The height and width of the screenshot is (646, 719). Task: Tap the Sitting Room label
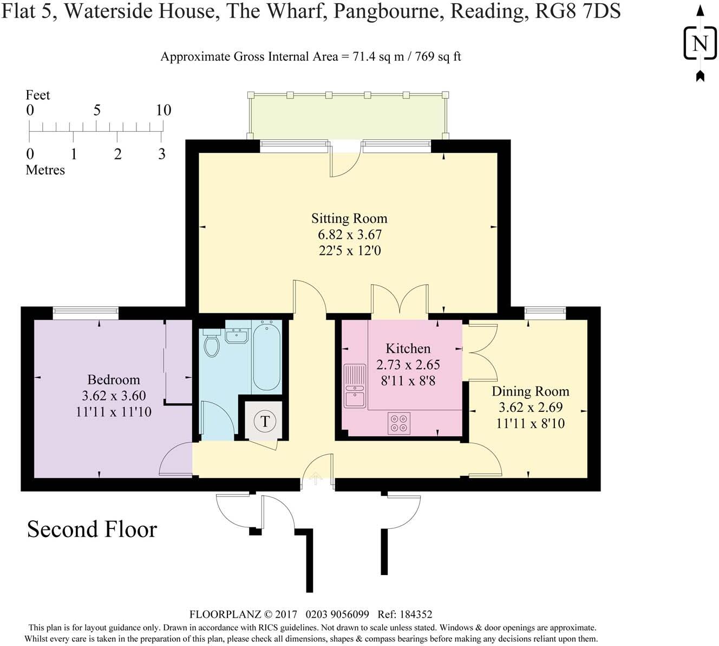click(349, 218)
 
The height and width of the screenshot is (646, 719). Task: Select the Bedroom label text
click(114, 379)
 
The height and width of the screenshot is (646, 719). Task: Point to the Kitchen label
click(408, 348)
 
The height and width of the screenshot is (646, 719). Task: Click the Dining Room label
click(530, 391)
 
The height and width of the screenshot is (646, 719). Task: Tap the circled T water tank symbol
click(265, 421)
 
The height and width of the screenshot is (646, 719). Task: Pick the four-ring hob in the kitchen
click(400, 423)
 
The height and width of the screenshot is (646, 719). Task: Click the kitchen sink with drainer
click(355, 385)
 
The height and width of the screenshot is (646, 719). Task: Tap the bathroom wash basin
click(237, 336)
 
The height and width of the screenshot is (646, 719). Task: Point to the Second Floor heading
click(92, 529)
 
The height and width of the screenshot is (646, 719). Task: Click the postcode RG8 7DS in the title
click(578, 11)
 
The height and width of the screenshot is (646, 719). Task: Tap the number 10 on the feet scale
click(163, 110)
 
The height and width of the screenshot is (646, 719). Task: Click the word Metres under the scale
click(45, 170)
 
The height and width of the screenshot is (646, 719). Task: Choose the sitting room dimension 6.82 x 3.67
click(349, 235)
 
